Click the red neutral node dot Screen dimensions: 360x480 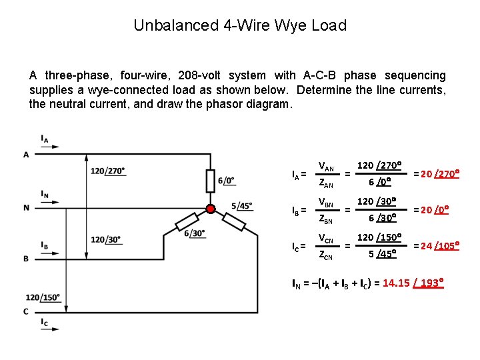pyautogui.click(x=211, y=209)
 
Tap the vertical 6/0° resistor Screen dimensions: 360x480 pyautogui.click(x=211, y=180)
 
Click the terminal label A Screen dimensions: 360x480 pyautogui.click(x=26, y=155)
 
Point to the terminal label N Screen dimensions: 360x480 pyautogui.click(x=26, y=207)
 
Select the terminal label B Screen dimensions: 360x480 pyautogui.click(x=26, y=258)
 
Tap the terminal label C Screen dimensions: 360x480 pyautogui.click(x=26, y=311)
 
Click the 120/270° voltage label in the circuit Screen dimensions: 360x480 pyautogui.click(x=107, y=171)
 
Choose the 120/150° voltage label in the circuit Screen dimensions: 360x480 pyautogui.click(x=43, y=297)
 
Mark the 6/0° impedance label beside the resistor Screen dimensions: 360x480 pyautogui.click(x=227, y=181)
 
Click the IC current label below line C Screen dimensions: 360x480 pyautogui.click(x=45, y=323)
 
